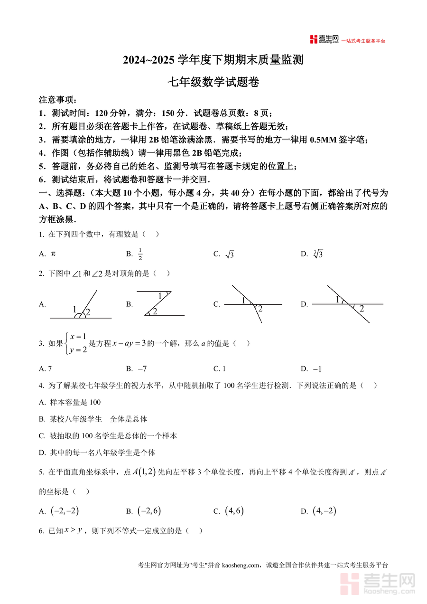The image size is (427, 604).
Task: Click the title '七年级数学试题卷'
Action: tap(213, 82)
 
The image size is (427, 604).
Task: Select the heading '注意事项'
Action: tap(56, 100)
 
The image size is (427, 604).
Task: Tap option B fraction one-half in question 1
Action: tap(140, 254)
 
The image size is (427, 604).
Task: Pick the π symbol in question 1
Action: tap(53, 254)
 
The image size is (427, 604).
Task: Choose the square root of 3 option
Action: tap(230, 255)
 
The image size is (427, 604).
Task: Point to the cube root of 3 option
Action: tap(318, 254)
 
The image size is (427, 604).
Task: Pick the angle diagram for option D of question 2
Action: tap(348, 304)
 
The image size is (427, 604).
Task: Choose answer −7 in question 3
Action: tap(142, 369)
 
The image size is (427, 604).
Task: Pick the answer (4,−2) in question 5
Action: tap(325, 511)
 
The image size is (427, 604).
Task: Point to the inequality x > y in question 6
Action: tap(74, 530)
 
